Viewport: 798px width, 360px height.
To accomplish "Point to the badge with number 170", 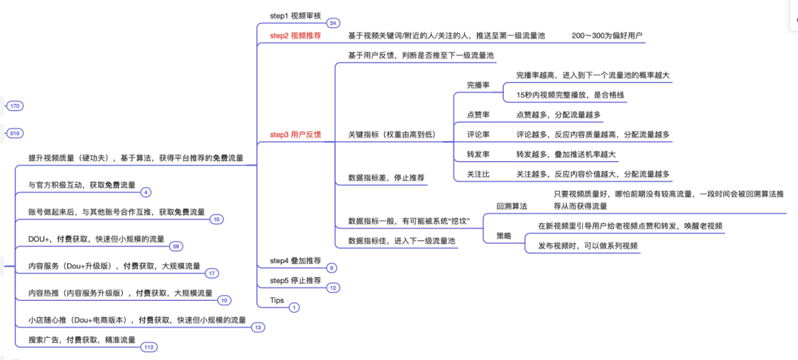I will point(15,106).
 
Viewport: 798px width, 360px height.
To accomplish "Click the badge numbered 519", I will point(15,133).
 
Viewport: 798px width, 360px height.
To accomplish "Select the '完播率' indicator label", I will point(478,86).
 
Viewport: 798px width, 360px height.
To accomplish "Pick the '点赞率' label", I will point(478,115).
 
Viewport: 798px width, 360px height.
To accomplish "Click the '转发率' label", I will point(478,154).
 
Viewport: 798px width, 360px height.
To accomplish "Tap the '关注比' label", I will point(478,174).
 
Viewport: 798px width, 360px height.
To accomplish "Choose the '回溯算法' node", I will point(511,206).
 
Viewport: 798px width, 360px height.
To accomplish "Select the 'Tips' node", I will point(277,300).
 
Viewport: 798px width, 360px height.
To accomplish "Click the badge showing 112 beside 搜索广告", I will point(149,347).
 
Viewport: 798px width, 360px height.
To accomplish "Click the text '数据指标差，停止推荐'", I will point(386,178).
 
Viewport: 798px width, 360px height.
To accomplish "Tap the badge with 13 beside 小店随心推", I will point(258,327).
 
